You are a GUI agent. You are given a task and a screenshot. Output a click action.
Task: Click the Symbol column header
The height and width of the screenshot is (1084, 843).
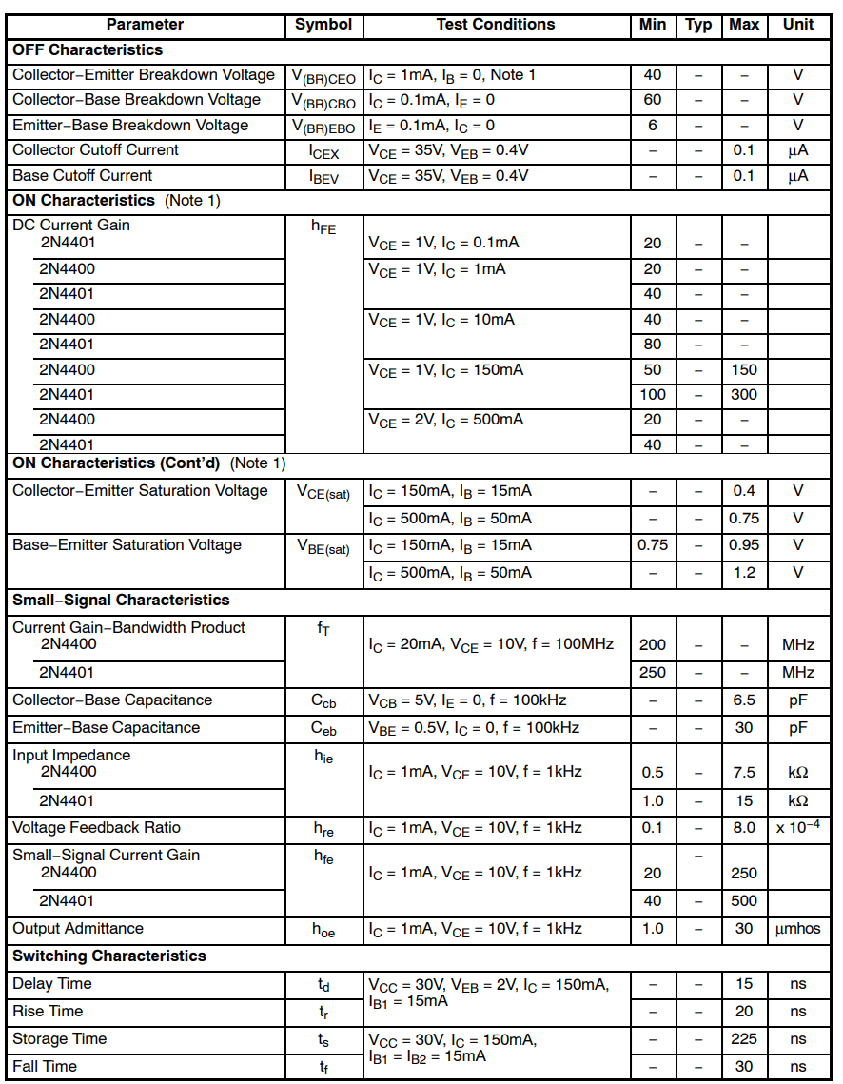pos(323,25)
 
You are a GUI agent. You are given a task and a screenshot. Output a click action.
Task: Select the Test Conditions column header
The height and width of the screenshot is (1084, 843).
pos(495,25)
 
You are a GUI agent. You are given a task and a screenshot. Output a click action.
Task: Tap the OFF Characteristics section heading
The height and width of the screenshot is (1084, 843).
pos(88,49)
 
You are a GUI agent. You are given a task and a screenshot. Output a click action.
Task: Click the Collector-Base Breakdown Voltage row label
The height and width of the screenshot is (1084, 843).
pos(136,100)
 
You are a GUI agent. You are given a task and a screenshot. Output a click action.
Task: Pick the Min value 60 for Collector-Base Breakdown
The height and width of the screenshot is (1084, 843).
pos(652,100)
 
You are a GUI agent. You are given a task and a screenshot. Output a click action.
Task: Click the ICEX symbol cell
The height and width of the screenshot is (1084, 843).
pos(323,151)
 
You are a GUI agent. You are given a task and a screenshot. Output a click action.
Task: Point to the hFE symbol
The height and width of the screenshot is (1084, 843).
pos(323,227)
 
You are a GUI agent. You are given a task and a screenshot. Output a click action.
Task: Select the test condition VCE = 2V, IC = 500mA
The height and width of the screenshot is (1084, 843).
pos(445,421)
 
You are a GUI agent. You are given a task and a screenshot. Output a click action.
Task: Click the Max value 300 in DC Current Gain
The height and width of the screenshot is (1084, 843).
pos(744,395)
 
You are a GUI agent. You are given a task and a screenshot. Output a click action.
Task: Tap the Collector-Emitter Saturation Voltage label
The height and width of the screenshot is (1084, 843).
pos(140,491)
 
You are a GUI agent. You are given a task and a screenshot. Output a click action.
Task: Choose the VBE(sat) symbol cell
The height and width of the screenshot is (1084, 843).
pos(323,547)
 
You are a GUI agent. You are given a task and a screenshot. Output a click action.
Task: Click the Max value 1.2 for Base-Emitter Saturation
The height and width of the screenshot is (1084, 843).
pos(744,573)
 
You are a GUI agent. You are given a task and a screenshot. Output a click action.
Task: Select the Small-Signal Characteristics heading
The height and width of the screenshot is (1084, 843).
pos(121,601)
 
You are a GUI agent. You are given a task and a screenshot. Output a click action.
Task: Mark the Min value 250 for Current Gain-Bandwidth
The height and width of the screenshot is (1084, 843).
pos(652,672)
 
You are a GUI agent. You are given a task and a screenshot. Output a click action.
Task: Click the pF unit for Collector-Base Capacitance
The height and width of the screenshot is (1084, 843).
pos(797,700)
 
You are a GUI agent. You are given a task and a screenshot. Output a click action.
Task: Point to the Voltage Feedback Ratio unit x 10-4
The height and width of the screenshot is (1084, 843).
pos(797,828)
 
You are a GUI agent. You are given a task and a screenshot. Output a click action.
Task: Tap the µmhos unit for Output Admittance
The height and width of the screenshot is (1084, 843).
pos(797,929)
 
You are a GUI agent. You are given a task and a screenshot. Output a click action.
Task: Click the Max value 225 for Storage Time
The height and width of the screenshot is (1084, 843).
pos(744,1039)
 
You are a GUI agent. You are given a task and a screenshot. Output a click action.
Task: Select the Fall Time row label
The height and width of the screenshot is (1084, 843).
pos(45,1067)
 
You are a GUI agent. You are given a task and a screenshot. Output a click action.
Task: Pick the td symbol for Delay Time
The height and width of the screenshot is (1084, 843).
pos(323,985)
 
